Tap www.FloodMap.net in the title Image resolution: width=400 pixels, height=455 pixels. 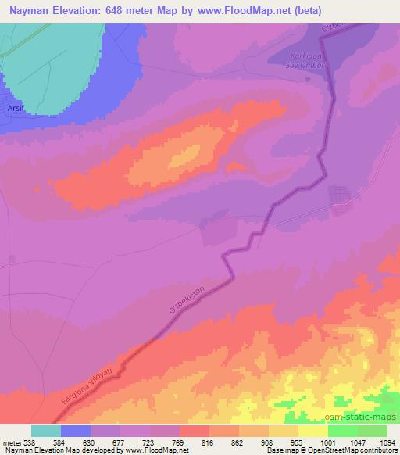[243, 9]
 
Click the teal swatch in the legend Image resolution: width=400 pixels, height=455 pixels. [46, 431]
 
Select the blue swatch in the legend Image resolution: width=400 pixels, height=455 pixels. [76, 431]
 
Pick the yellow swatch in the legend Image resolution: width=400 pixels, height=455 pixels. [312, 431]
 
